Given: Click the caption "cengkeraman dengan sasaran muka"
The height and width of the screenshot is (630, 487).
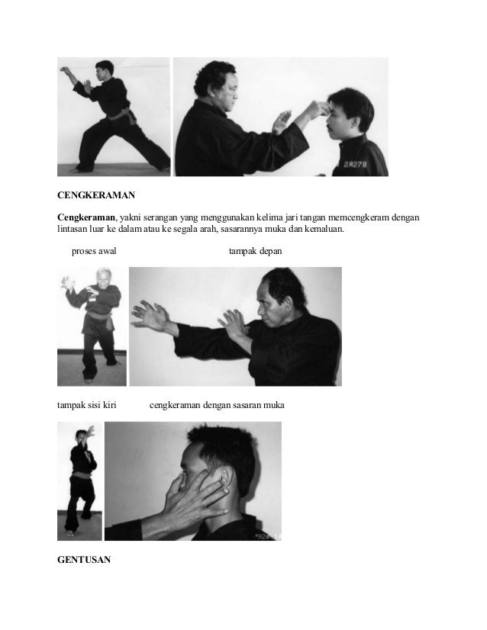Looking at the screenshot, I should click(x=216, y=405).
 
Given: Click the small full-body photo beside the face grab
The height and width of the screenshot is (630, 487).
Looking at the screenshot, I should click(x=79, y=481).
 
